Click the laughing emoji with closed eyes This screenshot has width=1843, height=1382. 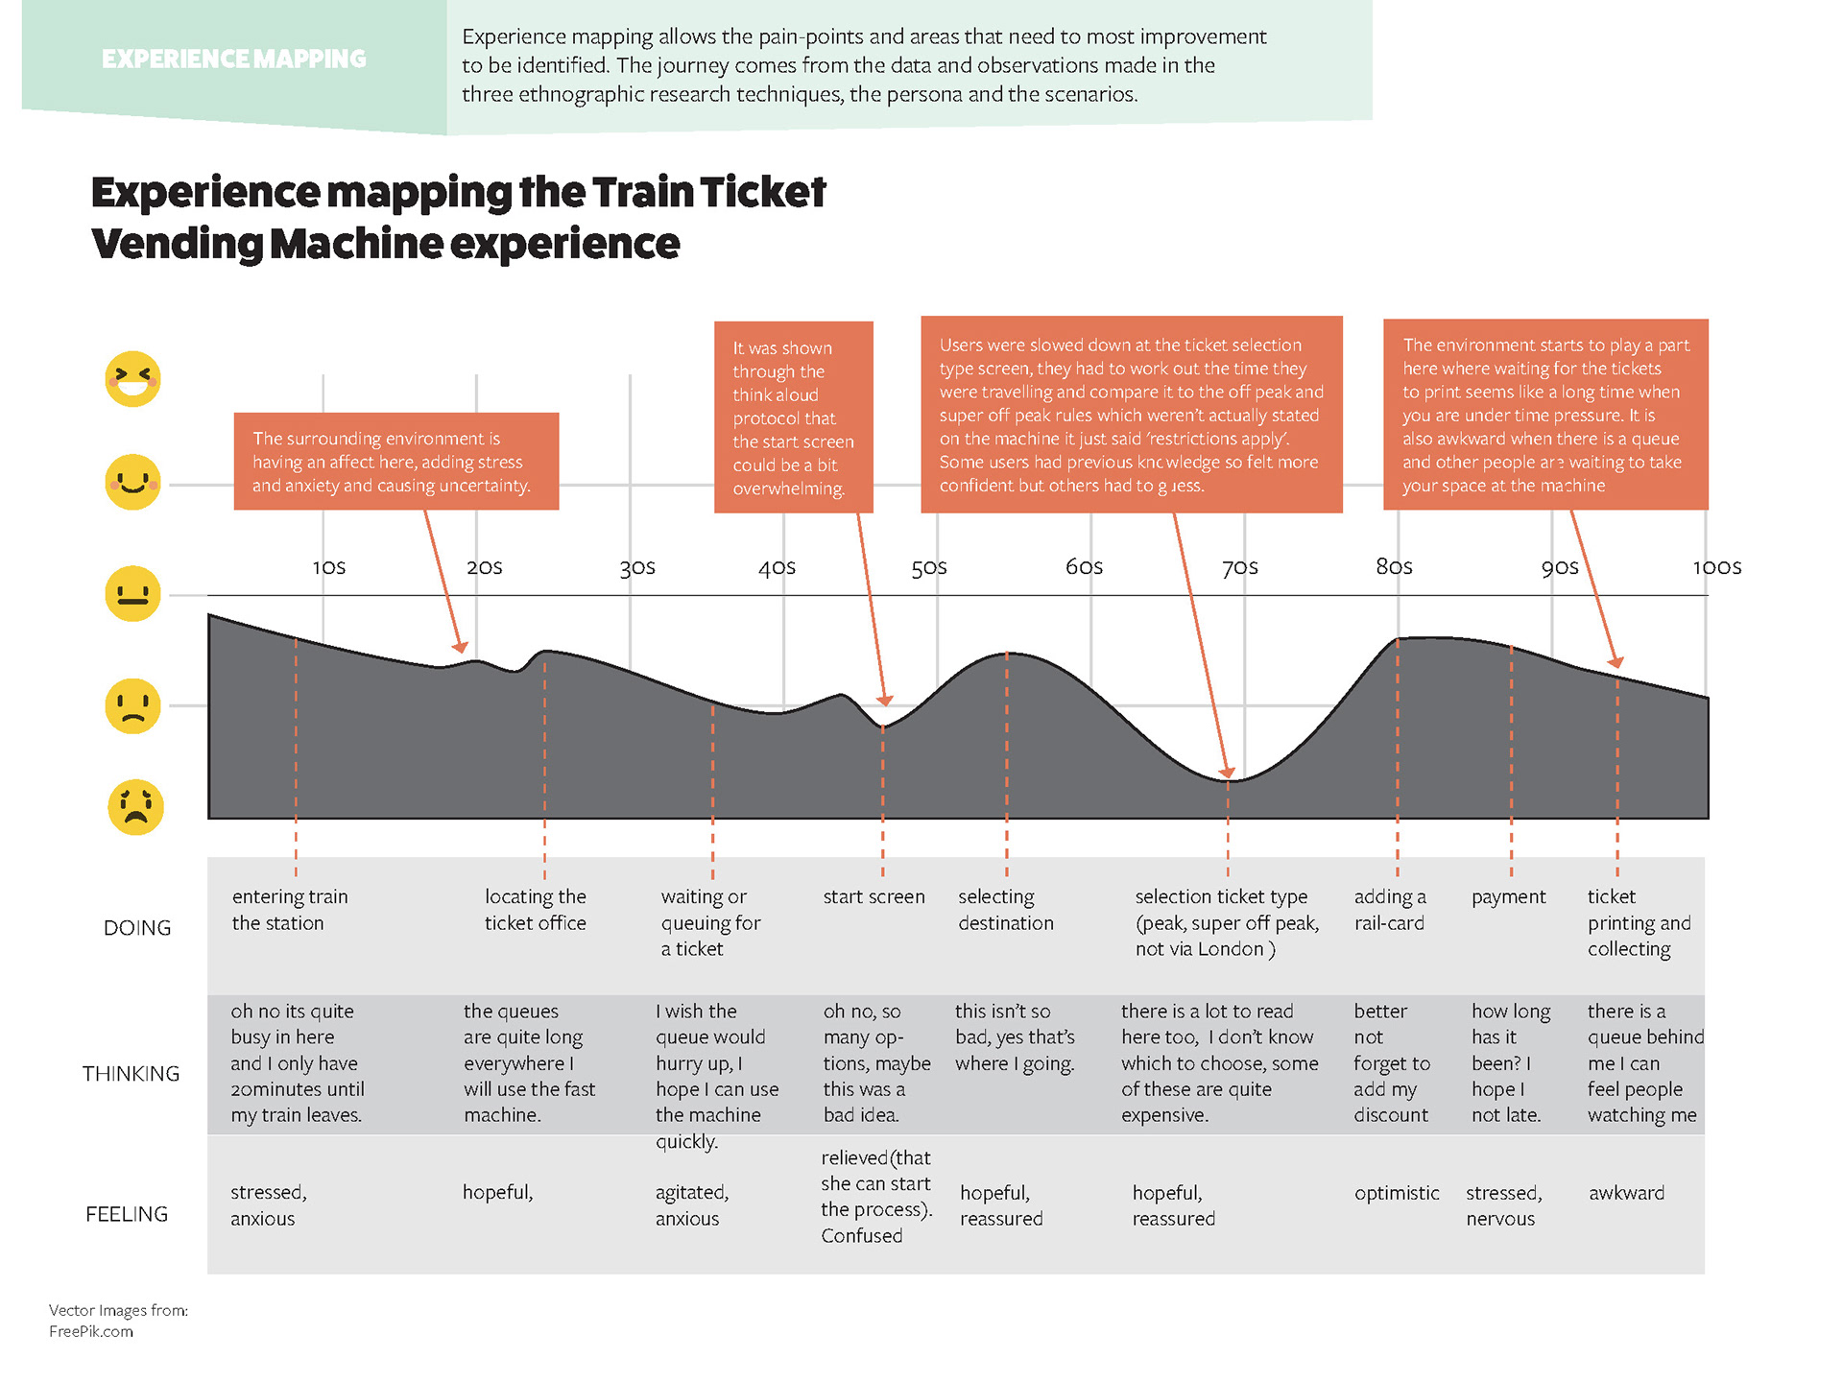[132, 379]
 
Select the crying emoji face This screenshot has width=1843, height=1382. [135, 806]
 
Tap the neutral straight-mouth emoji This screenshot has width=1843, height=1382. [132, 593]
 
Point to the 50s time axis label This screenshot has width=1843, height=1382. [928, 567]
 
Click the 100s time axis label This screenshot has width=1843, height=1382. [1716, 567]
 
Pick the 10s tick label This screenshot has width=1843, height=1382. [328, 567]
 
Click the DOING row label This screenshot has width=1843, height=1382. [137, 928]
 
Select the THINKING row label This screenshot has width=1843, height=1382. [131, 1074]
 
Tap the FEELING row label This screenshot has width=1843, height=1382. [127, 1214]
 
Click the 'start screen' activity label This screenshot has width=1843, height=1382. [874, 896]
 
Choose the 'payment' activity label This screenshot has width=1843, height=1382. [1508, 896]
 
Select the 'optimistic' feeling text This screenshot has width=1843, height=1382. [1397, 1193]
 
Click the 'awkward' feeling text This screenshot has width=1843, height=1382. [1626, 1193]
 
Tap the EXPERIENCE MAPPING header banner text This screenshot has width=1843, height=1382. [233, 60]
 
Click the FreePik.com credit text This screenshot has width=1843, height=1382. [91, 1331]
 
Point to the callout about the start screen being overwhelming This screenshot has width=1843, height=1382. [793, 417]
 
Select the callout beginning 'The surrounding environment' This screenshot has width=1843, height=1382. [395, 462]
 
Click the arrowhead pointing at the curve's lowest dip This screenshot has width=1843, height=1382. [1226, 772]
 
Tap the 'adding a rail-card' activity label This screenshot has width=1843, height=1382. [1389, 910]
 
